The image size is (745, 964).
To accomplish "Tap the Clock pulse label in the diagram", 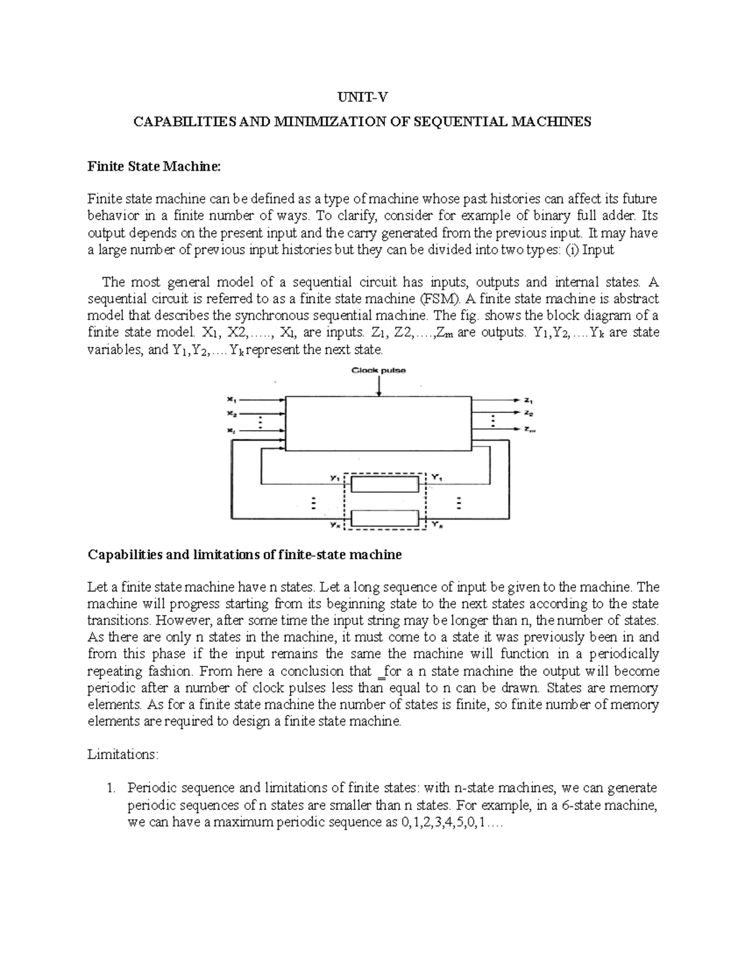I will coord(379,371).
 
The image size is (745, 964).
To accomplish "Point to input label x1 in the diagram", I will coord(231,400).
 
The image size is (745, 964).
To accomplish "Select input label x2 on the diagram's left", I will coord(231,413).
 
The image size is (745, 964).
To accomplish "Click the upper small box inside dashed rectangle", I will coord(385,483).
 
